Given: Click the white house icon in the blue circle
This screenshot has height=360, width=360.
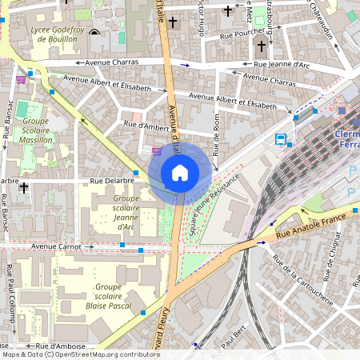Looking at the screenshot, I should (180, 173).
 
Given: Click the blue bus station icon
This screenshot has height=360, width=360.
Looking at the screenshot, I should (281, 139).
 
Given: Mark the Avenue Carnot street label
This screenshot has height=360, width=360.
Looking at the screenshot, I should (58, 247).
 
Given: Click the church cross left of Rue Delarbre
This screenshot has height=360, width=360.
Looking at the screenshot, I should (24, 188).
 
